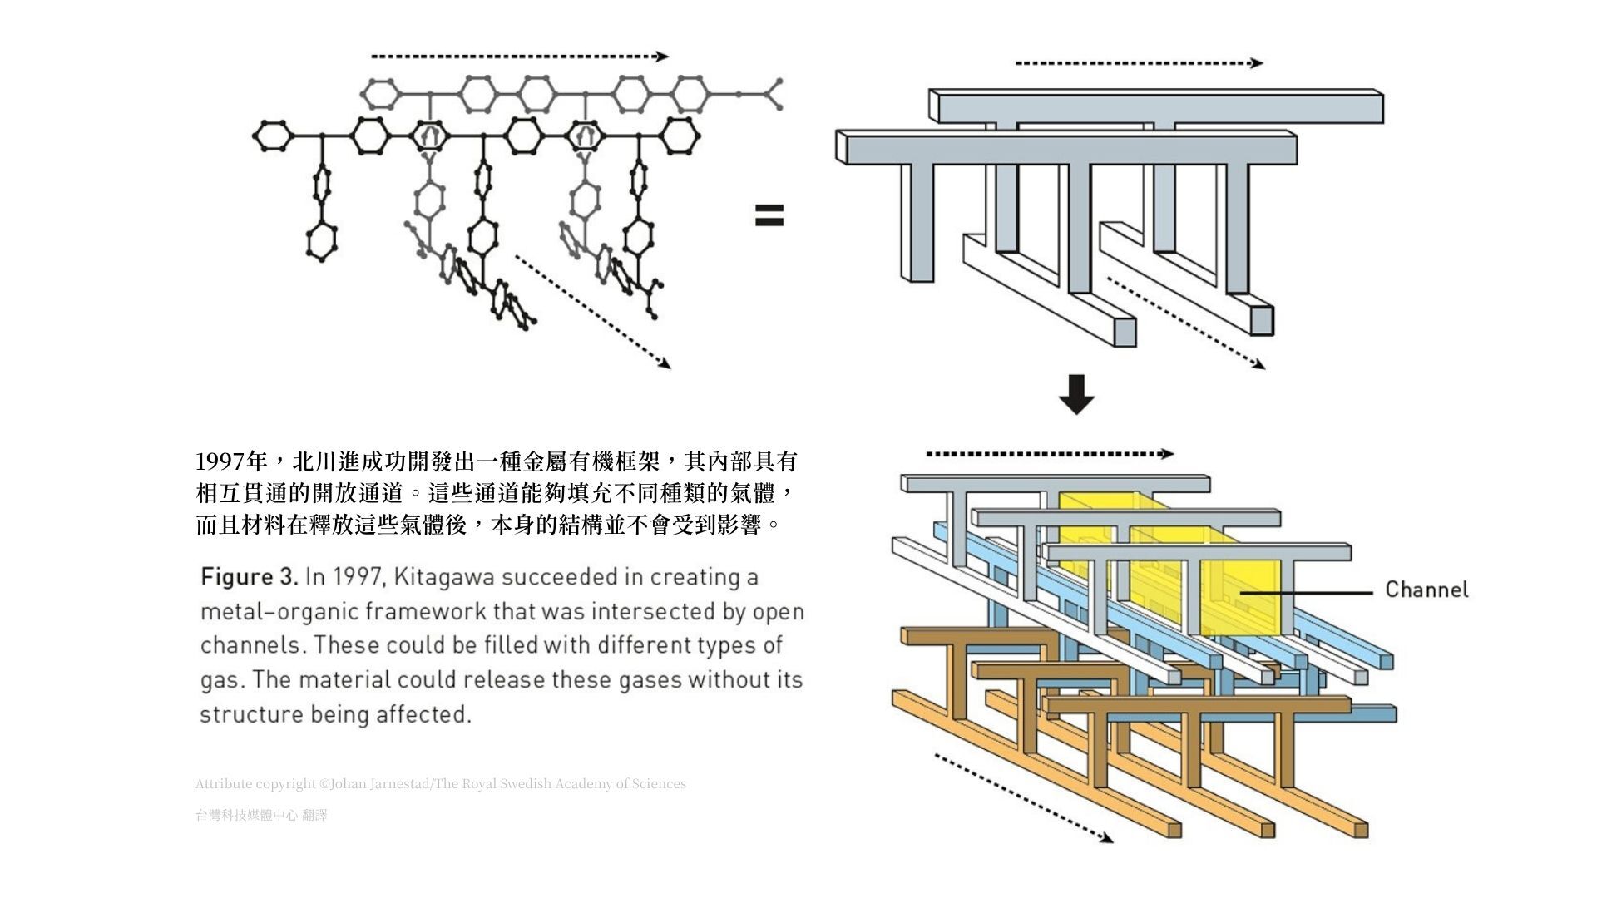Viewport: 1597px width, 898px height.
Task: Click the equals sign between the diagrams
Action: pyautogui.click(x=769, y=216)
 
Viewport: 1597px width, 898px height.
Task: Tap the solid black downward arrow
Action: pyautogui.click(x=1076, y=394)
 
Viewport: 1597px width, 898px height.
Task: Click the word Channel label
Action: pyautogui.click(x=1426, y=590)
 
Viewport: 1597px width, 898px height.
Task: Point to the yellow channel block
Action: pyautogui.click(x=1239, y=595)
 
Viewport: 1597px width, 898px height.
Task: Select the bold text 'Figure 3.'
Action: pyautogui.click(x=249, y=577)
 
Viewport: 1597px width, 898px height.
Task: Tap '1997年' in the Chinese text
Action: pyautogui.click(x=231, y=461)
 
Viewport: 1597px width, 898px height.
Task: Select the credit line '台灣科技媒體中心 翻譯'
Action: pyautogui.click(x=261, y=816)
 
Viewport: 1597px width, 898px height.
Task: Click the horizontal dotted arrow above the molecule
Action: pyautogui.click(x=520, y=57)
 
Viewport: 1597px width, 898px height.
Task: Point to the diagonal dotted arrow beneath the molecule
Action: pyautogui.click(x=592, y=311)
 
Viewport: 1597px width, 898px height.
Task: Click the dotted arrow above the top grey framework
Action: pyautogui.click(x=1139, y=63)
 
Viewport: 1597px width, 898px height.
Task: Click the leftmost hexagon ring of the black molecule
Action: pyautogui.click(x=272, y=136)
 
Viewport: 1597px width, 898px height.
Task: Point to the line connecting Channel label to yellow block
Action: pyautogui.click(x=1306, y=593)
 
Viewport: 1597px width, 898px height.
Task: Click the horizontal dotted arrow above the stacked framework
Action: pyautogui.click(x=1050, y=454)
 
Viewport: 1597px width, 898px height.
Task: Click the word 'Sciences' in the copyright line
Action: pyautogui.click(x=659, y=784)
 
